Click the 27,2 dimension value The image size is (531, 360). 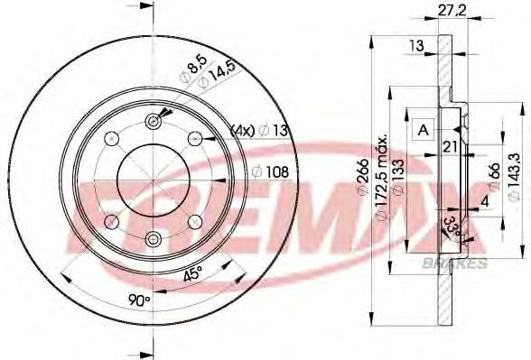point(452,11)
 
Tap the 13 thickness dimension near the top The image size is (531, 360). point(416,45)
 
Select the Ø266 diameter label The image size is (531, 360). point(363,177)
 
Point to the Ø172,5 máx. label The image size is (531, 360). point(382,179)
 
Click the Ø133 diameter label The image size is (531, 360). point(398,177)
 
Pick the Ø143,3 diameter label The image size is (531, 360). point(513,177)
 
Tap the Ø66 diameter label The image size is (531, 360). point(495,176)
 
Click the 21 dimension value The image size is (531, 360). point(451,147)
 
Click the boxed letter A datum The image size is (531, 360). point(424,129)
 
